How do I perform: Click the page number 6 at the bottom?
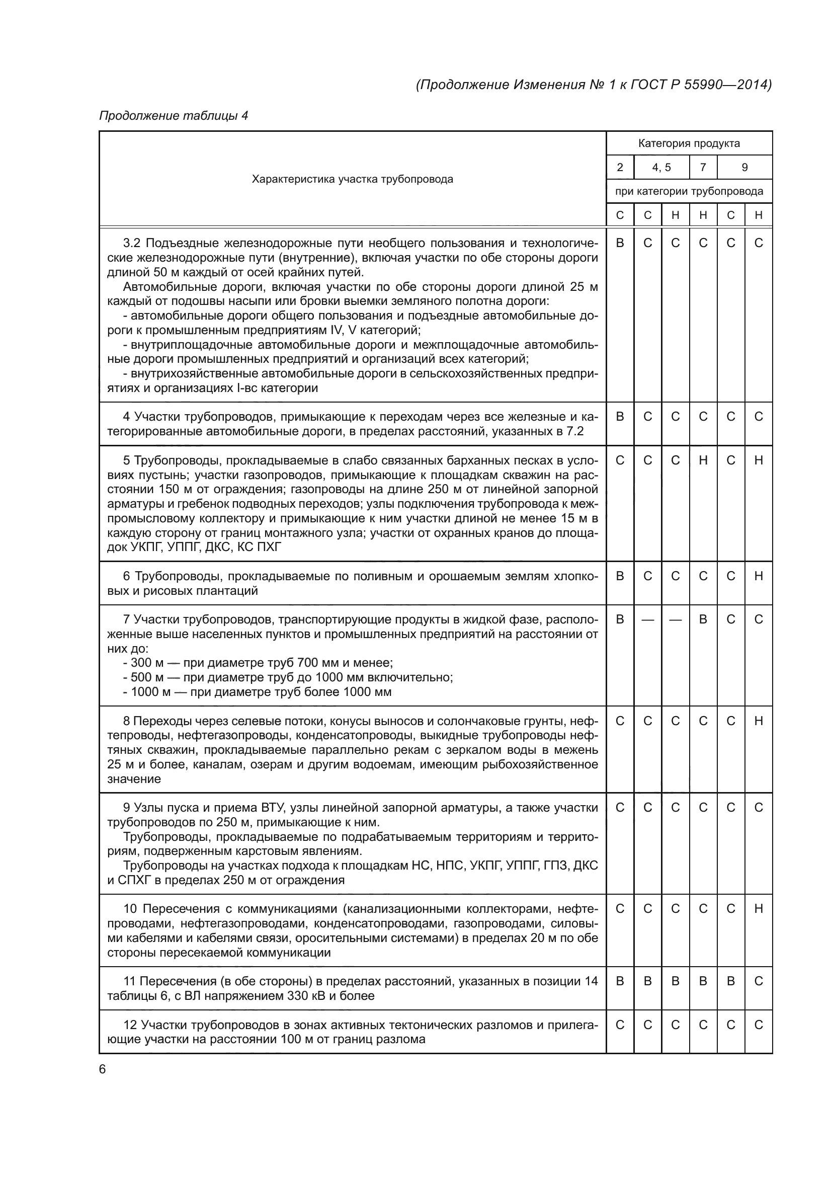pyautogui.click(x=102, y=1069)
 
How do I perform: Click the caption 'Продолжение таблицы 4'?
pyautogui.click(x=173, y=116)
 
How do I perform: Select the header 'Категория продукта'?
pyautogui.click(x=689, y=143)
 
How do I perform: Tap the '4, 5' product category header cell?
pyautogui.click(x=661, y=168)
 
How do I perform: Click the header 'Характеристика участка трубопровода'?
pyautogui.click(x=353, y=180)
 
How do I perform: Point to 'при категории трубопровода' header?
pyautogui.click(x=689, y=192)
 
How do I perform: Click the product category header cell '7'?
pyautogui.click(x=703, y=168)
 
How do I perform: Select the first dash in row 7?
pyautogui.click(x=647, y=620)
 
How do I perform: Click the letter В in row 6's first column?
pyautogui.click(x=620, y=576)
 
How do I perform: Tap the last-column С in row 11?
pyautogui.click(x=759, y=981)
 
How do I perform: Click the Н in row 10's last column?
pyautogui.click(x=759, y=909)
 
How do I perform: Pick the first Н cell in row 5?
pyautogui.click(x=703, y=460)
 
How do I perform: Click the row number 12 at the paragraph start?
pyautogui.click(x=131, y=1025)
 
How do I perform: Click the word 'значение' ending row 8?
pyautogui.click(x=134, y=779)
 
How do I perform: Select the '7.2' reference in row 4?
pyautogui.click(x=575, y=432)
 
